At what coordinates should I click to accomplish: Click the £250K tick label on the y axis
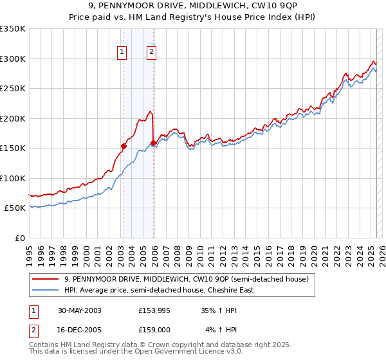12,88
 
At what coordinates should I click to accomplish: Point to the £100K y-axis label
12,178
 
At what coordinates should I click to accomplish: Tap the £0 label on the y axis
20,238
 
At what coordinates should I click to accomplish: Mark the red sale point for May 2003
124,146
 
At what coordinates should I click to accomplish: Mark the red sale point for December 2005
153,143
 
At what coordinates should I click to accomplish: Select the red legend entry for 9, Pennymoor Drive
187,279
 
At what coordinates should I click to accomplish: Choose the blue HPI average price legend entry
158,290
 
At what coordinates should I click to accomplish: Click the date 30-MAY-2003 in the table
79,310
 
